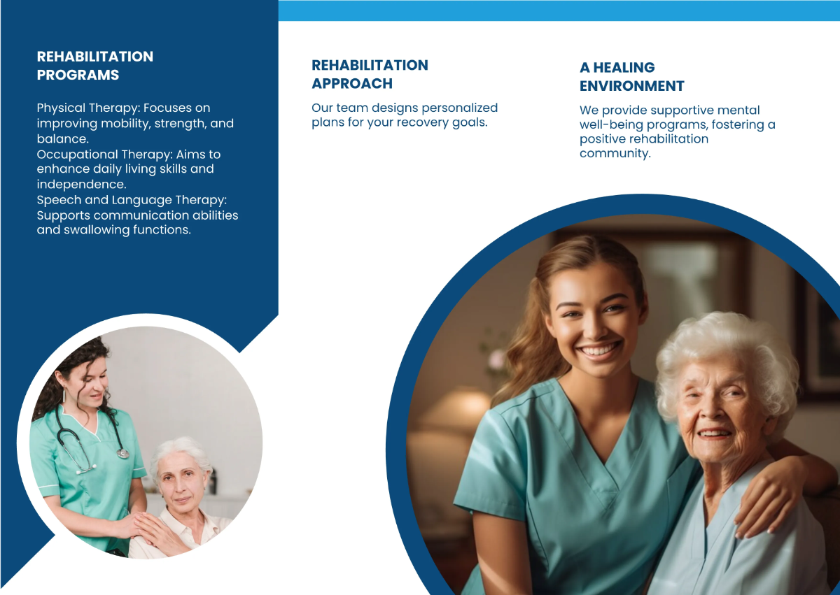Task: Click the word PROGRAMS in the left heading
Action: (x=78, y=75)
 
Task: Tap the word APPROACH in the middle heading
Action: (x=352, y=83)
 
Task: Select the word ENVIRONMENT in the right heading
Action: (x=631, y=86)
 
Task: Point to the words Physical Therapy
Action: (x=87, y=108)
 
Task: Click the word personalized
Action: (x=460, y=108)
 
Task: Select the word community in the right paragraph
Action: (x=615, y=153)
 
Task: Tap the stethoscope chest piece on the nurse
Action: (x=123, y=453)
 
